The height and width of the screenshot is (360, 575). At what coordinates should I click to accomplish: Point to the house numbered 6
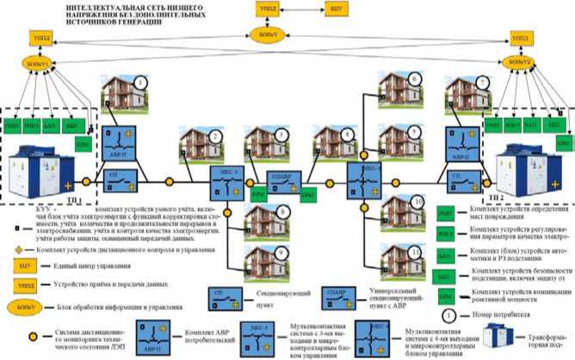[399, 90]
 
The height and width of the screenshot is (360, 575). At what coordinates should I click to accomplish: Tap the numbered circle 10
[417, 201]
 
